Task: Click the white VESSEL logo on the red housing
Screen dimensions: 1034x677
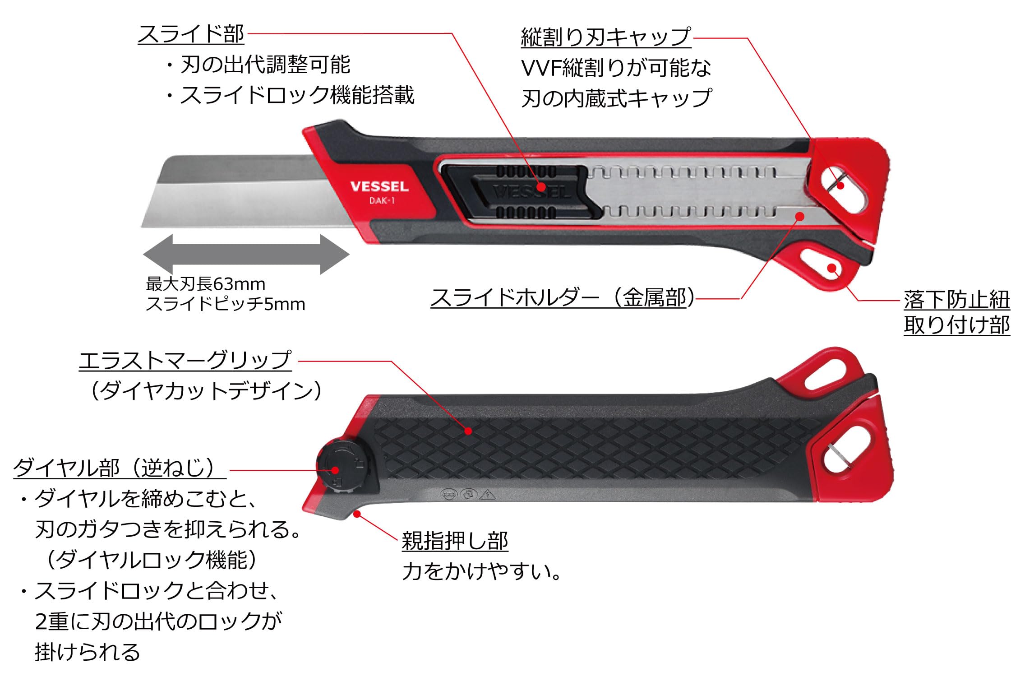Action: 379,186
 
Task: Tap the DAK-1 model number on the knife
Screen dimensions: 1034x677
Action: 382,200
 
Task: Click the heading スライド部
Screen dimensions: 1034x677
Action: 191,34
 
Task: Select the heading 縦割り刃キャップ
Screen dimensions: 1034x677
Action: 606,37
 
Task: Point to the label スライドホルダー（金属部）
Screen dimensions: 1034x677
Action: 563,297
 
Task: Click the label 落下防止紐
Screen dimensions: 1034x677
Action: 957,300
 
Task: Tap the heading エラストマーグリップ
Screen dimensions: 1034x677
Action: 185,361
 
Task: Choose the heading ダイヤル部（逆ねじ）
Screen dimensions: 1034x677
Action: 119,468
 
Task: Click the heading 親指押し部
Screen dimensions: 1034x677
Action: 455,541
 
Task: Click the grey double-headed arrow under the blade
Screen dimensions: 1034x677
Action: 246,254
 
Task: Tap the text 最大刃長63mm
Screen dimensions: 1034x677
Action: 206,284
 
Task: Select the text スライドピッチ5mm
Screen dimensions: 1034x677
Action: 226,304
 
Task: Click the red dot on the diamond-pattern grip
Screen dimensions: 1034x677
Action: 468,431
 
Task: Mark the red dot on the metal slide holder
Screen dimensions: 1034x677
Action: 800,216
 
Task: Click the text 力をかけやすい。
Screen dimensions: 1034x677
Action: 482,571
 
